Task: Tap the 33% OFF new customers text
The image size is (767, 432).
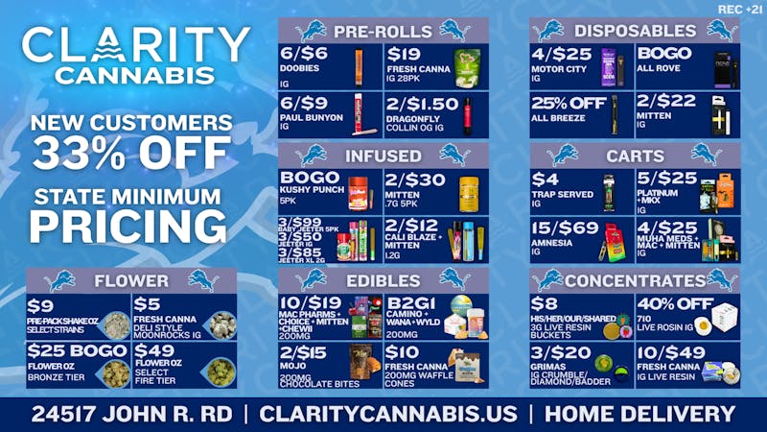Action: (x=131, y=152)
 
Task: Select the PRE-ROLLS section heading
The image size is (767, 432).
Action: (x=383, y=31)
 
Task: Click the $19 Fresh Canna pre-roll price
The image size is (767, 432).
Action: (x=405, y=55)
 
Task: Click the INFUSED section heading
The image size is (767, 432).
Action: (x=383, y=155)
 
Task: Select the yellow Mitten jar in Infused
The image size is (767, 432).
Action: (x=468, y=190)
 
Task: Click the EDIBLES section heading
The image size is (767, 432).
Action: (x=383, y=279)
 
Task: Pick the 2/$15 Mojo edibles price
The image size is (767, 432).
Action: (x=304, y=352)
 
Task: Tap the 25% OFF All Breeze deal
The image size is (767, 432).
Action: (x=569, y=103)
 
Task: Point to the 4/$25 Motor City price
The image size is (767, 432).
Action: (x=562, y=55)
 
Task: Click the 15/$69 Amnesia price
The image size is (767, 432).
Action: (x=565, y=228)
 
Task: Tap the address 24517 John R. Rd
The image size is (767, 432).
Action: (x=129, y=415)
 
